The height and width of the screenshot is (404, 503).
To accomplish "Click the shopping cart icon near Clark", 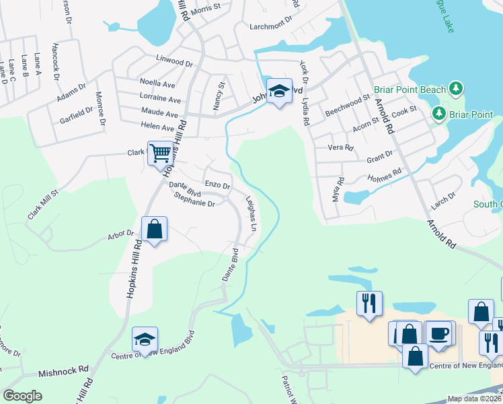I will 159,154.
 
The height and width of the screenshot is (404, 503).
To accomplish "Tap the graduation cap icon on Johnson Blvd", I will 279,91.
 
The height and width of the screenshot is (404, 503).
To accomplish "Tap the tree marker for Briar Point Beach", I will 457,89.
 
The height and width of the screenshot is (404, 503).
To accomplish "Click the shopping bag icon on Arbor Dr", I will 154,228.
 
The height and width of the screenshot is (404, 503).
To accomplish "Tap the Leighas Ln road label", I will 251,215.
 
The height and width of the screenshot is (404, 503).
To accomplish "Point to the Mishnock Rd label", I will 64,370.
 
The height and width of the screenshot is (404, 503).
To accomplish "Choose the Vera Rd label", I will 340,147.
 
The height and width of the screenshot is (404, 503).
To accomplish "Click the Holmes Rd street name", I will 385,175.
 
